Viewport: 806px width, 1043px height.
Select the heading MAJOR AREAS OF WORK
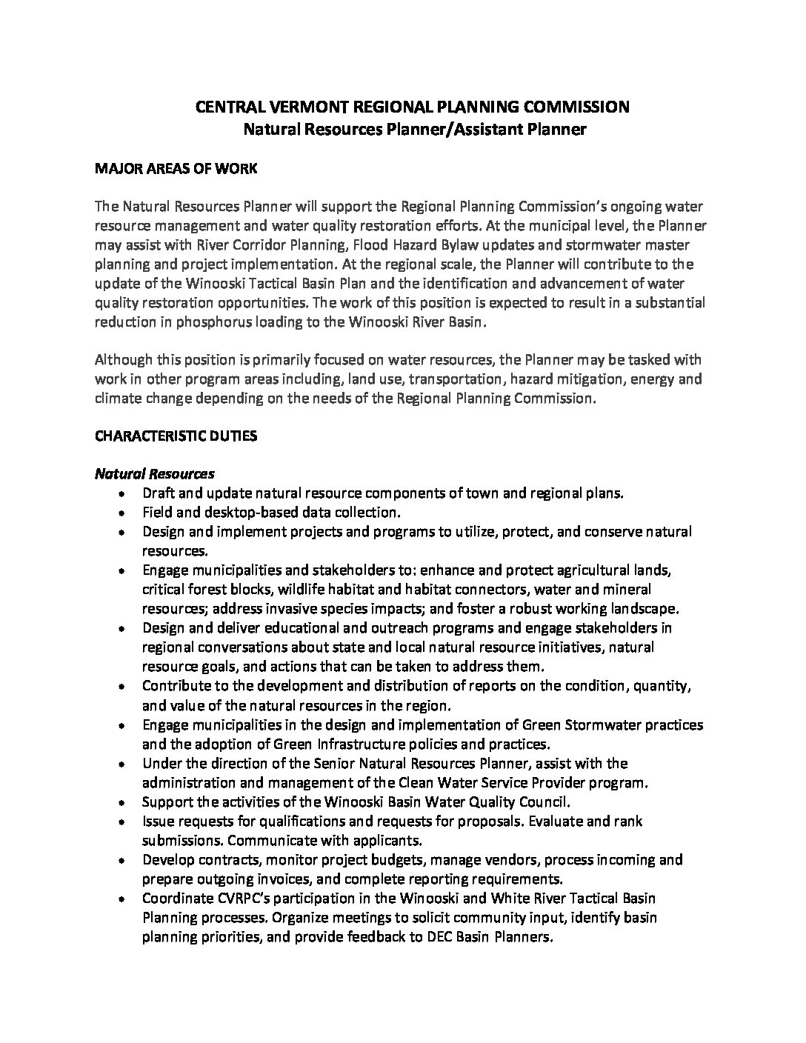click(176, 169)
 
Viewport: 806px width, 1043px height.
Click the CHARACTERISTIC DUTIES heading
click(176, 436)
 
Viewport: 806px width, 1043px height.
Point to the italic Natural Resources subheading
click(155, 473)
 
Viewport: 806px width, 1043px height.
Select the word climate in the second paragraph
click(118, 399)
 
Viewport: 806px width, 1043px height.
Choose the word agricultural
click(599, 570)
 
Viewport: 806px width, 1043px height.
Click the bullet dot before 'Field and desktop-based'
click(122, 513)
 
